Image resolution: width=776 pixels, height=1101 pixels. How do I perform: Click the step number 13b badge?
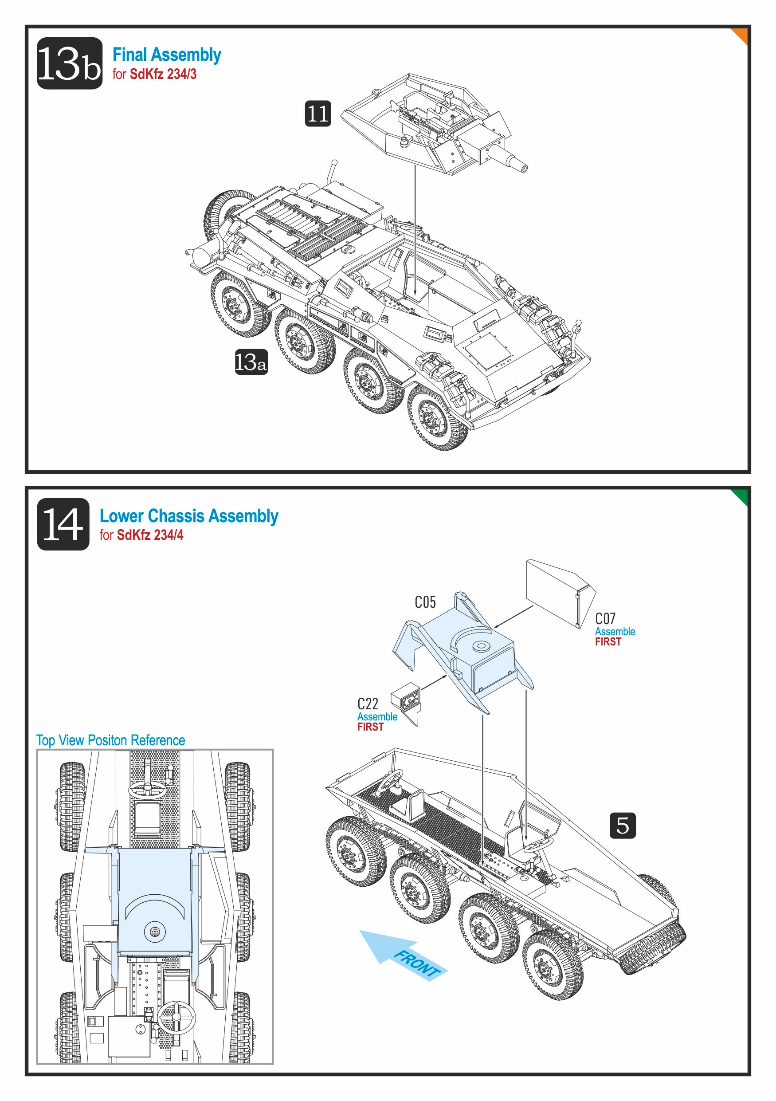pyautogui.click(x=70, y=63)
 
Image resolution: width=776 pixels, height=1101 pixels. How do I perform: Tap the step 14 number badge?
pyautogui.click(x=63, y=524)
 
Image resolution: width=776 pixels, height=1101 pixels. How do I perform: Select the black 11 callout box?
pyautogui.click(x=318, y=114)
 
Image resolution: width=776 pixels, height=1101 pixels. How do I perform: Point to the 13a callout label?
pyautogui.click(x=251, y=362)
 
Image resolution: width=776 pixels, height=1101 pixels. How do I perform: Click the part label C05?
pyautogui.click(x=425, y=602)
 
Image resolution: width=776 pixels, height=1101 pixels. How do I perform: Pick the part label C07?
pyautogui.click(x=605, y=619)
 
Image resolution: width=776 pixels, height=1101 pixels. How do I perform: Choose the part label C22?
pyautogui.click(x=368, y=704)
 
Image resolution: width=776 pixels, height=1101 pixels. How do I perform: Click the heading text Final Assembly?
pyautogui.click(x=167, y=55)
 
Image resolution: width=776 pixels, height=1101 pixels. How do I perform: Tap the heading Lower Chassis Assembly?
pyautogui.click(x=189, y=516)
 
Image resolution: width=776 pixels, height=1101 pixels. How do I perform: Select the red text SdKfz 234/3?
pyautogui.click(x=163, y=75)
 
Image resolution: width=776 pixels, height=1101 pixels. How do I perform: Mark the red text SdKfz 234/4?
pyautogui.click(x=150, y=535)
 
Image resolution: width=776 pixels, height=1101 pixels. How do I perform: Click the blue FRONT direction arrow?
pyautogui.click(x=403, y=954)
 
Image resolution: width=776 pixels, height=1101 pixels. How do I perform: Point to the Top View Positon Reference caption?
pyautogui.click(x=111, y=740)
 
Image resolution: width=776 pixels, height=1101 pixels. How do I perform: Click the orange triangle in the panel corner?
pyautogui.click(x=741, y=34)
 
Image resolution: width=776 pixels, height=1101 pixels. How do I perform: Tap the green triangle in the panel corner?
pyautogui.click(x=741, y=496)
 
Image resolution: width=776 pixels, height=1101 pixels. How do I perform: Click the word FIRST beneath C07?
pyautogui.click(x=608, y=641)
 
